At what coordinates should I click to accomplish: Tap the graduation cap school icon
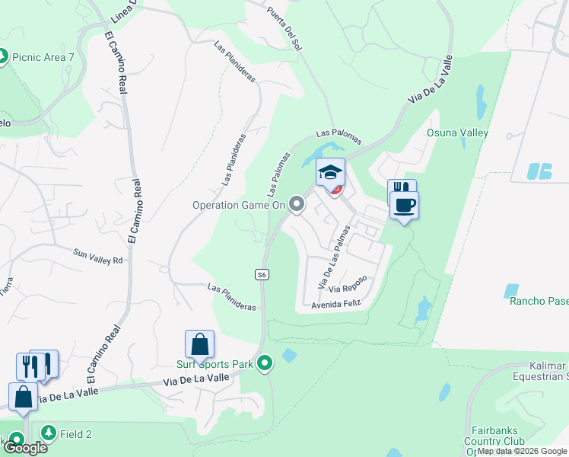(331, 172)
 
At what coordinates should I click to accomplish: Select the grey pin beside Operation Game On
(297, 204)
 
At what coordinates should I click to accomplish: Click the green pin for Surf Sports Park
(265, 364)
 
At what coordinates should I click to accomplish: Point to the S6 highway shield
(262, 275)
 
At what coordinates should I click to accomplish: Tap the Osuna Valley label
(457, 133)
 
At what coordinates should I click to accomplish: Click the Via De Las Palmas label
(334, 256)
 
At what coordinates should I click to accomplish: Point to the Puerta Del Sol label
(284, 29)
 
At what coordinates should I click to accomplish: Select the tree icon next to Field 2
(49, 433)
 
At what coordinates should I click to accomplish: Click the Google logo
(25, 448)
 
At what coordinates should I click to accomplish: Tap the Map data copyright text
(521, 451)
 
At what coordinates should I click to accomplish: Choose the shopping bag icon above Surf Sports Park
(199, 344)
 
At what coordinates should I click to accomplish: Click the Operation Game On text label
(238, 205)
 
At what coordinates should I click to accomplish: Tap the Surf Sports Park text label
(219, 364)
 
